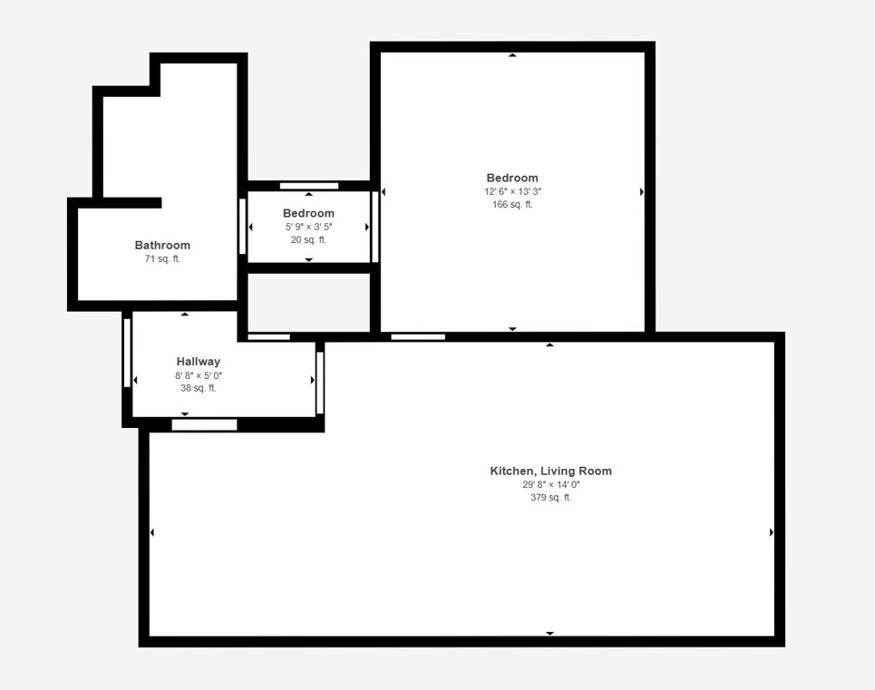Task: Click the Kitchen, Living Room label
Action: point(550,471)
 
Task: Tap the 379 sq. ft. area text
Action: point(550,498)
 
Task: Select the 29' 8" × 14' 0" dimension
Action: point(550,485)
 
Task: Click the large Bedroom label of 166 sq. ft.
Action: point(512,178)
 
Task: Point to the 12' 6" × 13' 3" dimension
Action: point(512,192)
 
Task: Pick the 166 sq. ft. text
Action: point(512,205)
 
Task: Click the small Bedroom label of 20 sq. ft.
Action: point(308,213)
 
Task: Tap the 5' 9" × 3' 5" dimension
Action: point(308,227)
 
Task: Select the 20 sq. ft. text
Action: point(308,240)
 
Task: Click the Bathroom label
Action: point(162,245)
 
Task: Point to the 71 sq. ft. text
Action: point(162,259)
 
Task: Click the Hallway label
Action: point(198,361)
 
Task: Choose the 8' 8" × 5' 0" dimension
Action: point(198,375)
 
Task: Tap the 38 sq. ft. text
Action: point(198,388)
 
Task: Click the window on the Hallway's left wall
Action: point(127,353)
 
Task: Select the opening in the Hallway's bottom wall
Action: point(204,424)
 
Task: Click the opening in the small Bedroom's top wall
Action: point(308,186)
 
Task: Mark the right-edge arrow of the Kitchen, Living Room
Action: point(772,532)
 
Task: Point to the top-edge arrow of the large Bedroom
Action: point(512,55)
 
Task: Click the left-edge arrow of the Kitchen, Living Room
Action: point(151,532)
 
